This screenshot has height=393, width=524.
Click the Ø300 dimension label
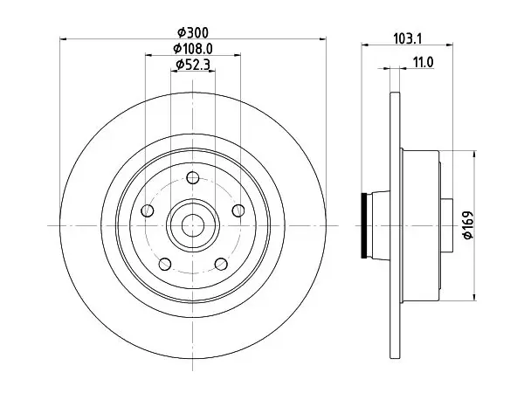[193, 33]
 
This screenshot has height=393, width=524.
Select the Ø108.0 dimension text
[193, 49]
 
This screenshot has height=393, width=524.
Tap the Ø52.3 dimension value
[193, 64]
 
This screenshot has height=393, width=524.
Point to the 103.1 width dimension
[408, 38]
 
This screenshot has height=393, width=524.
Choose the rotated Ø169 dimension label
[468, 225]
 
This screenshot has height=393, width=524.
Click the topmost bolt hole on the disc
[193, 177]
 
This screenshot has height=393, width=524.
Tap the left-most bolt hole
[148, 210]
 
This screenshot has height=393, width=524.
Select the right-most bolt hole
[238, 210]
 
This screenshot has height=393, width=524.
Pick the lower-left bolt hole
[165, 264]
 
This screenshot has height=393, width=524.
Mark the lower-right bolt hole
[221, 264]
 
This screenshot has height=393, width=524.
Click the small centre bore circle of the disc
[193, 225]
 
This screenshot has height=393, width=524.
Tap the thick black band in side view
[364, 225]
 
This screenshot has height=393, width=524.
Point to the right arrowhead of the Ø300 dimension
[322, 39]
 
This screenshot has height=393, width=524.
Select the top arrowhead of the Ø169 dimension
[474, 155]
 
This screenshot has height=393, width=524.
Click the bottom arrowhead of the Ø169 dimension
[474, 296]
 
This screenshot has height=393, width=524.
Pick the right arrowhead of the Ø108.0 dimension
[237, 55]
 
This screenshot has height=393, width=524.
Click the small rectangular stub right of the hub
[447, 225]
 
